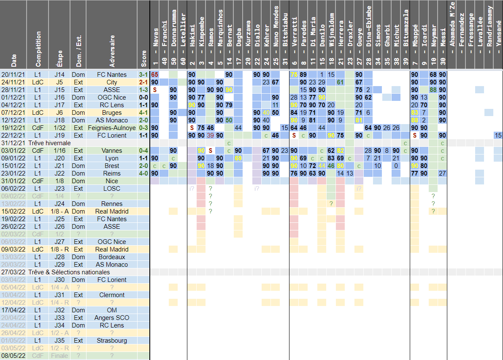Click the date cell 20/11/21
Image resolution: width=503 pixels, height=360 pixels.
[x=14, y=75]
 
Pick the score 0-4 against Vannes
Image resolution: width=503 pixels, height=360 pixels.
[x=143, y=151]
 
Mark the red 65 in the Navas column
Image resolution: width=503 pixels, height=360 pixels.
[x=155, y=75]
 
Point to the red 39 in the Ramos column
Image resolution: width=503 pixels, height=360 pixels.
[x=210, y=135]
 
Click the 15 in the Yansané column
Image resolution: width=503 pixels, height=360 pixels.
[x=498, y=135]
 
